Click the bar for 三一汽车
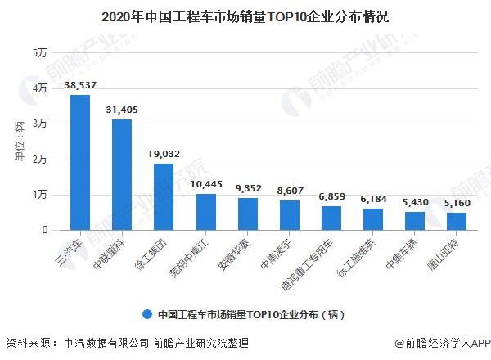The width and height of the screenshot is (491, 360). point(80,163)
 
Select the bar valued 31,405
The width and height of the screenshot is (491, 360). point(122,175)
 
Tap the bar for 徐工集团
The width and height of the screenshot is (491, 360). point(164,197)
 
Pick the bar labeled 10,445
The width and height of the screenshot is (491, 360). point(206,212)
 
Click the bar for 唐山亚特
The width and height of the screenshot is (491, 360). point(457,222)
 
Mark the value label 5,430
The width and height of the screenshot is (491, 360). point(415,201)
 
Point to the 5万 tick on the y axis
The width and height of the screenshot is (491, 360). point(38,53)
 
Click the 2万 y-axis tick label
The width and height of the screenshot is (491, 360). point(38,160)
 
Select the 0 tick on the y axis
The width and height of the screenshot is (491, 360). point(43,231)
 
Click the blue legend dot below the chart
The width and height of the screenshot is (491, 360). point(146,313)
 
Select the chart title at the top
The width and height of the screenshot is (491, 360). point(245,16)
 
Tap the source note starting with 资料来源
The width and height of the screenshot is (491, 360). point(127,344)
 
